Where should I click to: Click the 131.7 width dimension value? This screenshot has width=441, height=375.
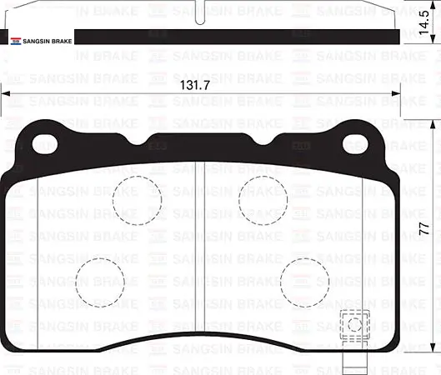[194, 85]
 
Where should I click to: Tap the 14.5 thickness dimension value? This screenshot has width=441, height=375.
[424, 22]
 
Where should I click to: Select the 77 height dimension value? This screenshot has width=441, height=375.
[424, 229]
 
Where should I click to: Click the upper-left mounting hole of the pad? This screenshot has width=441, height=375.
[45, 144]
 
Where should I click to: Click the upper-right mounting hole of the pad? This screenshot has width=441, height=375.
[355, 144]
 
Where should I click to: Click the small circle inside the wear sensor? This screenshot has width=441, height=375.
[354, 324]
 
